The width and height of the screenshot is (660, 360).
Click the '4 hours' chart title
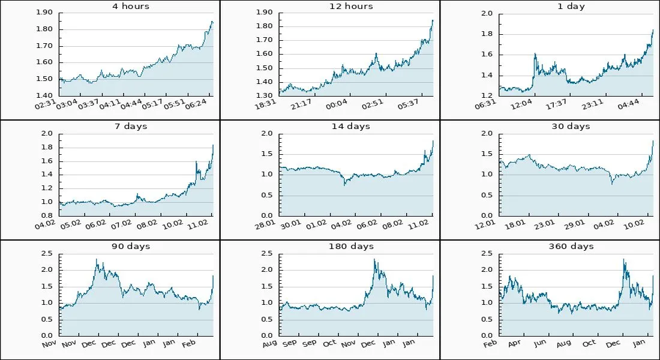point(131,7)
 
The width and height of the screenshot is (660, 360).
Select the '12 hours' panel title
point(351,7)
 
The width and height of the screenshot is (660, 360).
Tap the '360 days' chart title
point(571,247)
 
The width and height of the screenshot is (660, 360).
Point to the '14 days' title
point(351,127)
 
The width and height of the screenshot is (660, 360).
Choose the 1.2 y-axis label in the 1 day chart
point(487,95)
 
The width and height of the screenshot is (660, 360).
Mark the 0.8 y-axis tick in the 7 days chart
point(47,215)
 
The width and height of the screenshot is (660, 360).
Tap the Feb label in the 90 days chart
point(188,344)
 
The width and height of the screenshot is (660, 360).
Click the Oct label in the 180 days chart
point(329,344)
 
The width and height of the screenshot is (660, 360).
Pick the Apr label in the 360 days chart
point(514,344)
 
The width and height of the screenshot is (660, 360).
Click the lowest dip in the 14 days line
point(344,185)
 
